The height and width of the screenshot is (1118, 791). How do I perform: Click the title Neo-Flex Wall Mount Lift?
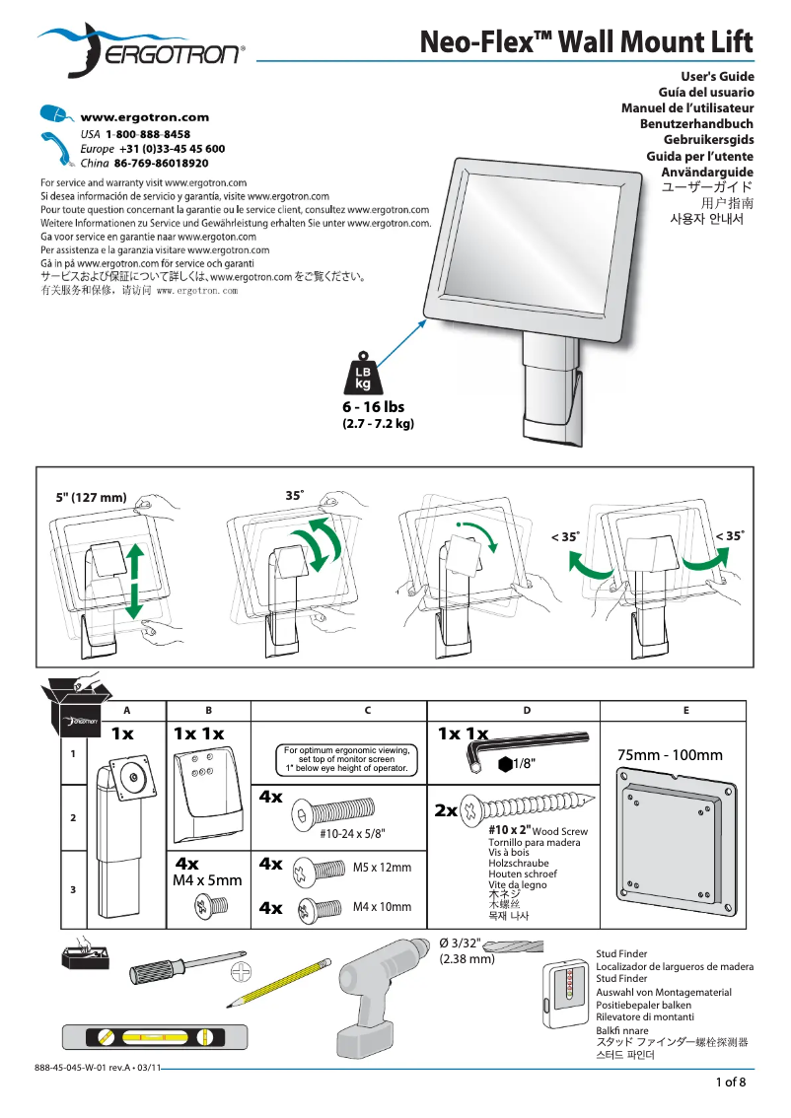pos(587,42)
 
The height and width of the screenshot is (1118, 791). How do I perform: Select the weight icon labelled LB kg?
pos(362,374)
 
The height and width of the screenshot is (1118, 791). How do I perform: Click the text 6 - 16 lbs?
pos(374,406)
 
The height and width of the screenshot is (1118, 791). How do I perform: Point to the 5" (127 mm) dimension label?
pos(91,497)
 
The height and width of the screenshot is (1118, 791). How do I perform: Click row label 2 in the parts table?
pos(72,818)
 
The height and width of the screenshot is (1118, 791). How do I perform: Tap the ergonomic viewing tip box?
pos(346,760)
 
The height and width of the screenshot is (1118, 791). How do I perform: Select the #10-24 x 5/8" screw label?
pos(352,833)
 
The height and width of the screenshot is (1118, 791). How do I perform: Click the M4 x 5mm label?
pos(207,880)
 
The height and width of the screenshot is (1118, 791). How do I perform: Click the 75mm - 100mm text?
pos(670,755)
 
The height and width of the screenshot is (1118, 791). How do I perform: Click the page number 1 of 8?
pos(731,1083)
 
